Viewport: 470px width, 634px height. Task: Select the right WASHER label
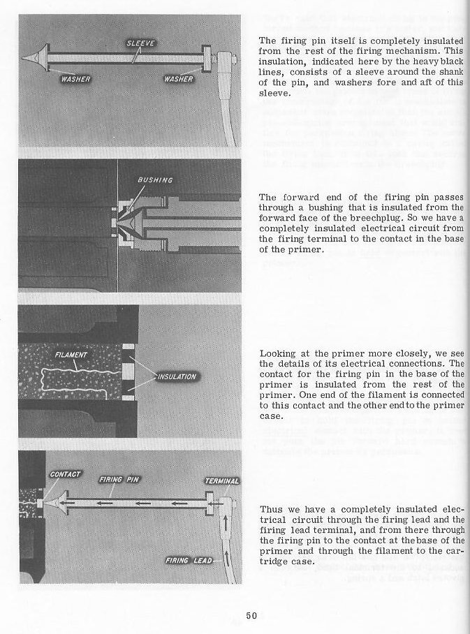[x=177, y=78]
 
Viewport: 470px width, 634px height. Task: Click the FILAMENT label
[x=72, y=355]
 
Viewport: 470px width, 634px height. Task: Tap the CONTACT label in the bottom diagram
[x=66, y=474]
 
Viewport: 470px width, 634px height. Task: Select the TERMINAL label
[x=221, y=481]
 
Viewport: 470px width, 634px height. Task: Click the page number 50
[x=252, y=615]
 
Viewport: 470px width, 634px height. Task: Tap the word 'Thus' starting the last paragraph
[x=271, y=509]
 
